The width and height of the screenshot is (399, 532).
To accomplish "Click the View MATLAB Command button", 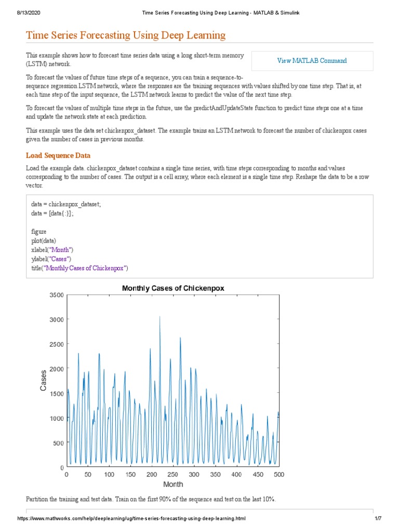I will click(312, 61).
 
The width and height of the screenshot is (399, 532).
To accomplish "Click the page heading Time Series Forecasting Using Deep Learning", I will click(126, 35).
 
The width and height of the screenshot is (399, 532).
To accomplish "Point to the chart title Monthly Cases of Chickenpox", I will click(173, 288).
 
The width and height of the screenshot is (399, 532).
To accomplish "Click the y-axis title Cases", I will click(44, 380).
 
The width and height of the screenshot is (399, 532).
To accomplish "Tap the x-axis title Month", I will click(173, 484).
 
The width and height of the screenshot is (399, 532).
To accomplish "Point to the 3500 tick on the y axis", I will click(56, 295).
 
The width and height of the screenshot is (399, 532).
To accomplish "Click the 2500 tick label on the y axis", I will click(56, 344).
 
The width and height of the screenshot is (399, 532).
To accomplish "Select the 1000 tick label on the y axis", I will click(56, 418).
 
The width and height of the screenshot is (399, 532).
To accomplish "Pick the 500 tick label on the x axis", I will click(279, 474).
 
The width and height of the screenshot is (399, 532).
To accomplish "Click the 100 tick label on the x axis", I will click(109, 474).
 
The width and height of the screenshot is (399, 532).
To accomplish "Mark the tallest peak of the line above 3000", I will click(159, 316).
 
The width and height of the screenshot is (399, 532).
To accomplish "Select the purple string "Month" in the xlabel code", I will click(62, 250).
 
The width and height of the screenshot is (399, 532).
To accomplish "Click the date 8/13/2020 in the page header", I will click(18, 12).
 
